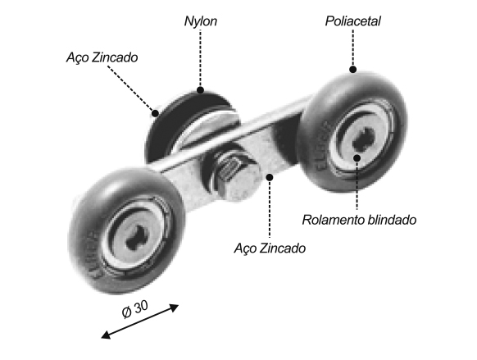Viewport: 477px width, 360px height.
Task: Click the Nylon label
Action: coord(201,21)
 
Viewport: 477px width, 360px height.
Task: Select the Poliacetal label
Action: coord(353,21)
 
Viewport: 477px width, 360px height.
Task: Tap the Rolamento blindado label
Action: coord(359,220)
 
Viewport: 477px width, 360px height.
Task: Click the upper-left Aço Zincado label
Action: coord(102,57)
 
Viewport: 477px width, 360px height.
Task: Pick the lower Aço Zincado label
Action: coord(270,248)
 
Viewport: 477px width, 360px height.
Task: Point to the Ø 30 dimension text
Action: coord(134,309)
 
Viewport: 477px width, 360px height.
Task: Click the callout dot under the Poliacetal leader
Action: coord(353,70)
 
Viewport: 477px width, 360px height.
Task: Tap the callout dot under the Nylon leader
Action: coord(200,90)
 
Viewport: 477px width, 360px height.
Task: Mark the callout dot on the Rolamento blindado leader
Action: coord(357,158)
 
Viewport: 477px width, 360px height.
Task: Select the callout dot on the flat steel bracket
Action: coord(270,177)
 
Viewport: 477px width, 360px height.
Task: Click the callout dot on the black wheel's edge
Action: coord(155,113)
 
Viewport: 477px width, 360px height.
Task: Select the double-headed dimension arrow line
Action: coord(140,321)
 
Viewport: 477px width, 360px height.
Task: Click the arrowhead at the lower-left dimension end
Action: coord(105,335)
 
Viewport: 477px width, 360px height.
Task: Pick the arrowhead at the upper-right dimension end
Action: coord(175,308)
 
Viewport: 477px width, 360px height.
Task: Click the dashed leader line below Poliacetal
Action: coord(353,48)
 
